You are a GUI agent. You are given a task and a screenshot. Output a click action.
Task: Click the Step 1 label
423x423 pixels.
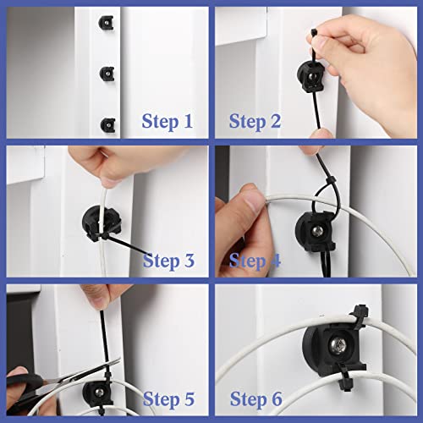point(168,121)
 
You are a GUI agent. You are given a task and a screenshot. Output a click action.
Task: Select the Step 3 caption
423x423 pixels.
point(175,260)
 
